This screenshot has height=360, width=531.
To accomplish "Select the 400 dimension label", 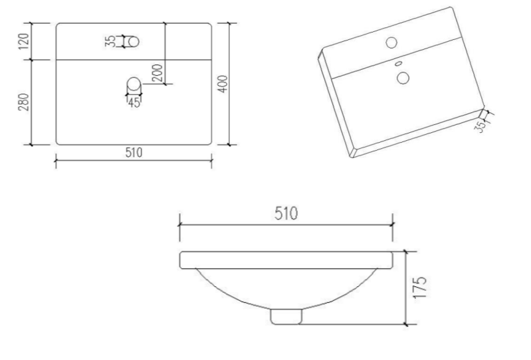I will [x=223, y=84].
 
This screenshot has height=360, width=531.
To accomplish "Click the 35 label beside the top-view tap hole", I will [x=110, y=41].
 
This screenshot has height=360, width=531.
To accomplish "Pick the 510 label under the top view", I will [x=134, y=152].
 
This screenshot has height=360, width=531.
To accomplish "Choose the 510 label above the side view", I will [x=286, y=214].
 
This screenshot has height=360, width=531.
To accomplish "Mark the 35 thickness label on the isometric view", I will [x=480, y=126].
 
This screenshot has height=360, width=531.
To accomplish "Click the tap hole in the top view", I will [x=133, y=41].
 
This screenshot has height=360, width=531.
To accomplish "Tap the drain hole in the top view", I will [x=134, y=85].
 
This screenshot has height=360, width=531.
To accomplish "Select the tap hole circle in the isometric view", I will [x=391, y=43].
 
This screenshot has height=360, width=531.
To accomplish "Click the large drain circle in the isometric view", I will [x=402, y=78].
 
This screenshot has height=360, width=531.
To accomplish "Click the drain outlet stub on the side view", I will [x=285, y=316].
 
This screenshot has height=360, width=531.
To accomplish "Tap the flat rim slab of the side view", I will [x=286, y=260].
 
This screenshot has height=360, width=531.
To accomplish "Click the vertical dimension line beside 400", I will [x=230, y=84].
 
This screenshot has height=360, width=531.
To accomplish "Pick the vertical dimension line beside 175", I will [x=405, y=288].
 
